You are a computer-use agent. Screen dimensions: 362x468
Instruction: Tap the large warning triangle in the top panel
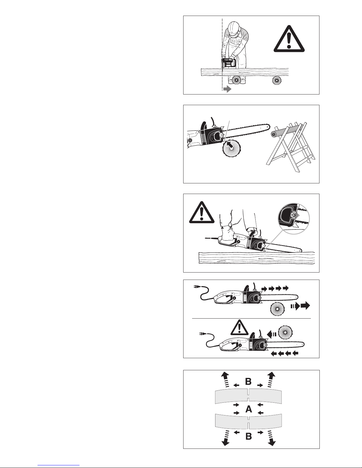coord(289,39)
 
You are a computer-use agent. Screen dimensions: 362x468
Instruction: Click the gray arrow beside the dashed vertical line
coord(227,89)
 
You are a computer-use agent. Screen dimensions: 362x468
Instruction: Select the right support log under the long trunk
coord(277,80)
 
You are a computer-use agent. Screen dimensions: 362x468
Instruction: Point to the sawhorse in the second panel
coord(290,146)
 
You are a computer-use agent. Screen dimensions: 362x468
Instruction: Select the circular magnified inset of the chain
coord(294,218)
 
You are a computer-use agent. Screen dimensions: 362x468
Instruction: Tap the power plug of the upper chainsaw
coord(197,287)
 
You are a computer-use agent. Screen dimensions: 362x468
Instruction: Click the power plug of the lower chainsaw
coord(203,334)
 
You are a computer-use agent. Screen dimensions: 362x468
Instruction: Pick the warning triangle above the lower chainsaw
coord(239,327)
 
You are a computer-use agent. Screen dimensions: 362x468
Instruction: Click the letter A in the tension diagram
coord(249,408)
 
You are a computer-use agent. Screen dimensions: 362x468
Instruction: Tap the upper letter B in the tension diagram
coord(249,381)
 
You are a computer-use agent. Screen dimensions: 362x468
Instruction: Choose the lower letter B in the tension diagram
coord(249,436)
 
